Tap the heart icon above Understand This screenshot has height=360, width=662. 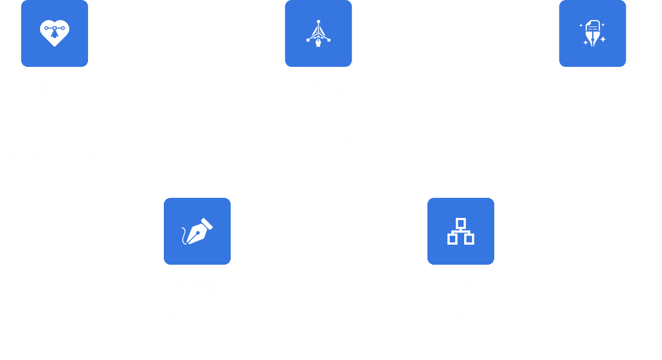click(x=55, y=33)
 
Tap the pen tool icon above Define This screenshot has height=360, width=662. click(x=318, y=33)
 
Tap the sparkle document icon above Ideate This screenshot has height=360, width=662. click(x=592, y=33)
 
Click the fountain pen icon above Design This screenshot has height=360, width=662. click(x=197, y=231)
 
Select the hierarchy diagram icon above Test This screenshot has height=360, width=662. click(x=461, y=231)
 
